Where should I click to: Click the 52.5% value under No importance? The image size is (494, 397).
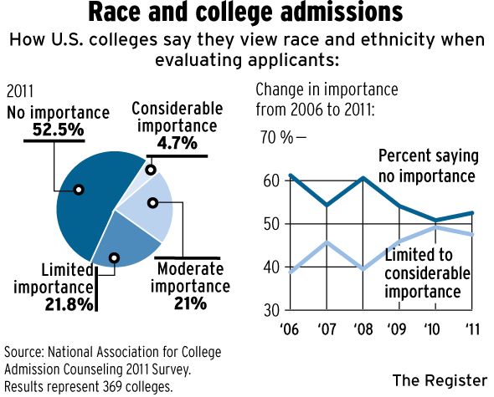pos(59,130)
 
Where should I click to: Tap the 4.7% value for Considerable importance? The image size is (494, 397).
pos(177,144)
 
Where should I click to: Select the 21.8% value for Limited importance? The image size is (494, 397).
pos(69,304)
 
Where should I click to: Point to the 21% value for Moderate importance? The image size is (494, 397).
pos(190,303)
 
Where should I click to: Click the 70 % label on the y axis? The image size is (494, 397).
pos(276,137)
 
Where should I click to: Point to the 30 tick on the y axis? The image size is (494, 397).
pos(271,310)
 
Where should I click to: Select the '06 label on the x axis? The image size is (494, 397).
pos(289,329)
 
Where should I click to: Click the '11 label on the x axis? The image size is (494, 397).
pos(472,329)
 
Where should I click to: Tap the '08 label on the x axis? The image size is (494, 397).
pos(363,329)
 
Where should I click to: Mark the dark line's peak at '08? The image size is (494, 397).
pos(363,178)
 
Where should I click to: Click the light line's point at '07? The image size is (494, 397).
pos(327,242)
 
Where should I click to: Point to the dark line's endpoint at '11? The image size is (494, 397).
pos(471,213)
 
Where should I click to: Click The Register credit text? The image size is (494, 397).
pos(440,380)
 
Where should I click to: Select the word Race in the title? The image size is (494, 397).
pos(115,12)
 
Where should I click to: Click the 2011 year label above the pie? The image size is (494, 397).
pos(20,92)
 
